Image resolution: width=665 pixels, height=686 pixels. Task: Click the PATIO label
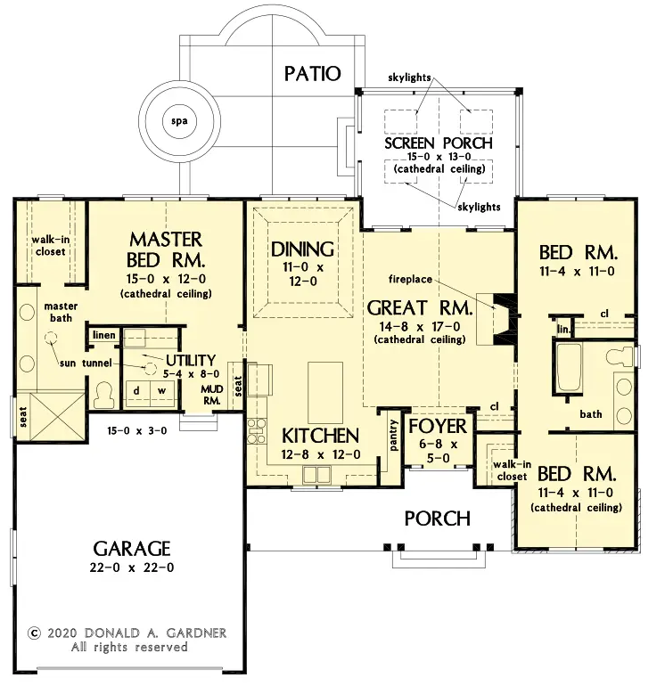(x=312, y=73)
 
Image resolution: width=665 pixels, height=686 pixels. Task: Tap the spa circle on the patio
(x=179, y=121)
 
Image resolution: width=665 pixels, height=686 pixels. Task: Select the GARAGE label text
(x=132, y=548)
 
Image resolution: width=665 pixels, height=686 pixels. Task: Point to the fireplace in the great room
(x=504, y=319)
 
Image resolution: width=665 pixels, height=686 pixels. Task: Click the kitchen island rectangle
(x=324, y=392)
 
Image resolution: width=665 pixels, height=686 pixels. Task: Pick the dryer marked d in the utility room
(x=136, y=392)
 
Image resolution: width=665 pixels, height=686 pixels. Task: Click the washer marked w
(x=162, y=392)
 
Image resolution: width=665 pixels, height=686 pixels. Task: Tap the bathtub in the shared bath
(x=569, y=367)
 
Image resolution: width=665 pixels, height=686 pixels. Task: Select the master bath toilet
(x=104, y=395)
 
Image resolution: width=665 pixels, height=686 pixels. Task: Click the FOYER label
(x=438, y=427)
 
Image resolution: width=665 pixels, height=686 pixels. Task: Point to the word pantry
(x=394, y=436)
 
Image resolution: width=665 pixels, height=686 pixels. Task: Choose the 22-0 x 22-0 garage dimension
(x=132, y=568)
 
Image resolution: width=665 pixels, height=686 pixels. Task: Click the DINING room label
(x=302, y=249)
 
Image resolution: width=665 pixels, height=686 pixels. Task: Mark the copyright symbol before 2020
(x=34, y=633)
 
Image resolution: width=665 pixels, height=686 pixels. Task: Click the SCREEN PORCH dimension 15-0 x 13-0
(x=439, y=157)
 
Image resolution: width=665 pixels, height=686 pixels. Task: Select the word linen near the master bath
(x=104, y=335)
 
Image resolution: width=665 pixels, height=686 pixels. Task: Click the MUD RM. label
(x=212, y=395)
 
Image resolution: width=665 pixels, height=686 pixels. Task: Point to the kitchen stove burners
(x=257, y=431)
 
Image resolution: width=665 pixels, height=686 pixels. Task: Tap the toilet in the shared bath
(x=620, y=355)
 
